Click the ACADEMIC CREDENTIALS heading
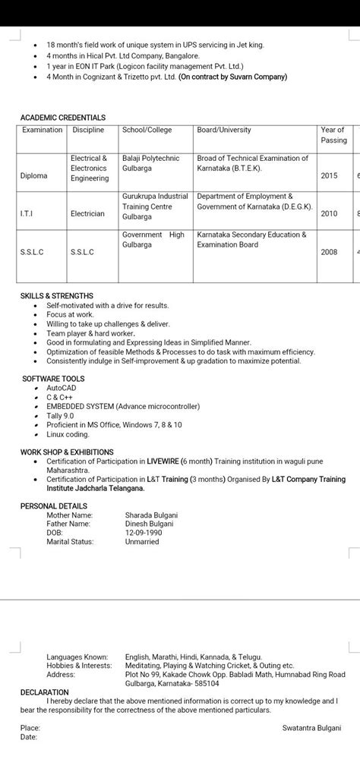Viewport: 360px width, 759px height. pos(62,118)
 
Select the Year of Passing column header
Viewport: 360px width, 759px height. pos(333,135)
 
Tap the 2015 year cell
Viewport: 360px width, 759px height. pos(329,175)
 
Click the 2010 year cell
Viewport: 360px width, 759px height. pos(329,214)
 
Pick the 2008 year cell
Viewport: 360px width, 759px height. pos(329,252)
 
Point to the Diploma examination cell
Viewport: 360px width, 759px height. pos(34,175)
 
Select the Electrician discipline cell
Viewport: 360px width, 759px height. pos(87,214)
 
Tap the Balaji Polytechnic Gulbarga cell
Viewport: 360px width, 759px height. pos(150,163)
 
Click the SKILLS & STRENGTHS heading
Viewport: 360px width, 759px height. pos(57,296)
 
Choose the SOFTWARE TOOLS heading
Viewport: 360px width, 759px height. pos(52,379)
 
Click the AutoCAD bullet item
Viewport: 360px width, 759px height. pos(62,388)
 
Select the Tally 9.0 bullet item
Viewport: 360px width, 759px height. pos(60,416)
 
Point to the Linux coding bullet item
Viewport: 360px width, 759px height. pos(68,434)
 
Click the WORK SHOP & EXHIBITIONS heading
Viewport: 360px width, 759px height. pos(67,452)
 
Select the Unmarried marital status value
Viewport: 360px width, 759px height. pos(142,542)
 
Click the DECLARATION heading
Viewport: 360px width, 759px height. pos(45,692)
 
